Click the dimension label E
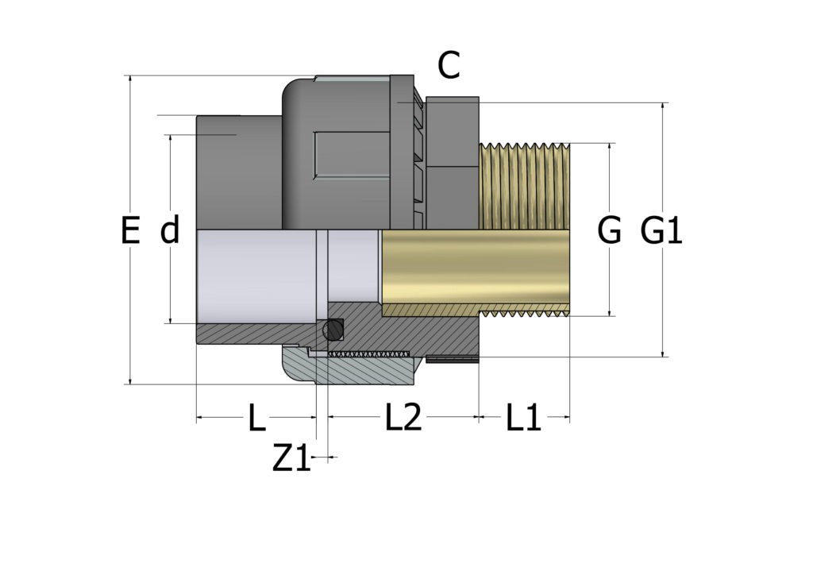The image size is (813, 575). pyautogui.click(x=130, y=231)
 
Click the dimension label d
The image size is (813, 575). pyautogui.click(x=170, y=231)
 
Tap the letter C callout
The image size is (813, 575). pyautogui.click(x=449, y=67)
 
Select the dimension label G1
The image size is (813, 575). pyautogui.click(x=661, y=231)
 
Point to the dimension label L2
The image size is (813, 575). pyautogui.click(x=403, y=418)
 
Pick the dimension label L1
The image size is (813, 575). pyautogui.click(x=524, y=418)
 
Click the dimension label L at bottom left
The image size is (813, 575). pyautogui.click(x=256, y=418)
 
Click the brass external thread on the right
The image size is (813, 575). pyautogui.click(x=525, y=187)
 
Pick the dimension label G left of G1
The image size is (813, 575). pyautogui.click(x=609, y=231)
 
